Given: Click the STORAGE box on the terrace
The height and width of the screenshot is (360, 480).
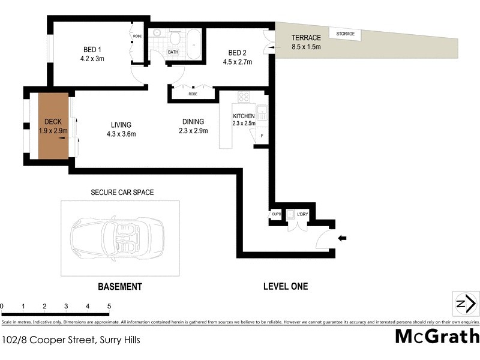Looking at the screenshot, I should pos(346,34).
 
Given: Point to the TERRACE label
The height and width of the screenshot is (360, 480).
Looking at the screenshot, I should pos(306,38).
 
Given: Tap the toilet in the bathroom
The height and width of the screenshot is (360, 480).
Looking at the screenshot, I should pos(175,38).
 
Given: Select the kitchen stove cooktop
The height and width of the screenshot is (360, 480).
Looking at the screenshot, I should pos(244,97).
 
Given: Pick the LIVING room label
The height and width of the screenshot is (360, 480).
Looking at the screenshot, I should pos(121,125).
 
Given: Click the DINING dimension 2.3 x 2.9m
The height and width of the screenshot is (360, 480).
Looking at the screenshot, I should pos(194,130).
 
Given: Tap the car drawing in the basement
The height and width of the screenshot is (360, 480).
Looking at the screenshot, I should pos(112,238).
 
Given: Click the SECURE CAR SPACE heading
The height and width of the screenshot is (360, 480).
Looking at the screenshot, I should pos(122,193).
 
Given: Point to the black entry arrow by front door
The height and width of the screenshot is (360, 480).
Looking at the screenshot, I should pos(343,238).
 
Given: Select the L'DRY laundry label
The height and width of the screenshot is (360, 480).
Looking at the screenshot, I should pos(302,214).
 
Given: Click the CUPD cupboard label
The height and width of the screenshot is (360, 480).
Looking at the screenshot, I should pos(276,214).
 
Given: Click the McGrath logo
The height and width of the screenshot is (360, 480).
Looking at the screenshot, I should pos(437,336).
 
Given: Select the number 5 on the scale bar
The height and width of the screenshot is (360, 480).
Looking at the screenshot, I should pos(109,306).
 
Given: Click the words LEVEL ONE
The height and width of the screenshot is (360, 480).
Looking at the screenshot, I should pos(286,286).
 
